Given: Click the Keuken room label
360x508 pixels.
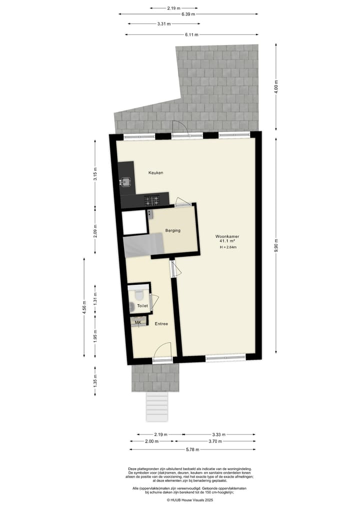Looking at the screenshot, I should point(156,173).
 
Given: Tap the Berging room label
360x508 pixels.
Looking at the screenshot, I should point(172,230).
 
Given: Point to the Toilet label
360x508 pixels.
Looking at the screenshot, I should point(142,305).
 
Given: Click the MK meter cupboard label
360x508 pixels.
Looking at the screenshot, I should point(138,323).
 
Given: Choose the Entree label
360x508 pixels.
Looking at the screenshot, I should point(161,324).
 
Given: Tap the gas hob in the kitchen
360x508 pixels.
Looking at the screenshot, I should point(152,201).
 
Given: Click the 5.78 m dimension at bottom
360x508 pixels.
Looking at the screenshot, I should point(192,450).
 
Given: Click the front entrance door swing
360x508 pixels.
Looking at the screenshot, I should point(163,351).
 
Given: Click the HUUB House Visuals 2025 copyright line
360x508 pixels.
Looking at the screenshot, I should point(190,500).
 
